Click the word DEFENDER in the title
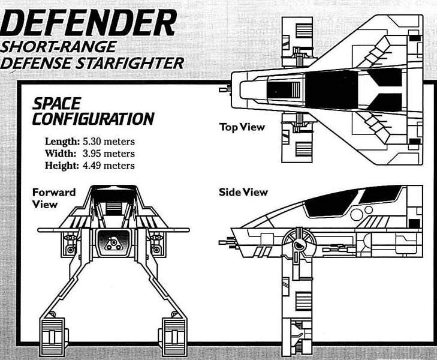[x=88, y=23]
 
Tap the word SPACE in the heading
[x=56, y=104]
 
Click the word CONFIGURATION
[x=93, y=119]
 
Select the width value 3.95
[x=92, y=154]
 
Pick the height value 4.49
[x=92, y=166]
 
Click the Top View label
[x=242, y=127]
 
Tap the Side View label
[x=243, y=192]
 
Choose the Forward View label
[x=54, y=198]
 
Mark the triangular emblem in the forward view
[x=113, y=244]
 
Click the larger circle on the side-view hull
[x=357, y=214]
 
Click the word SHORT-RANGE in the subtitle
[x=58, y=47]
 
